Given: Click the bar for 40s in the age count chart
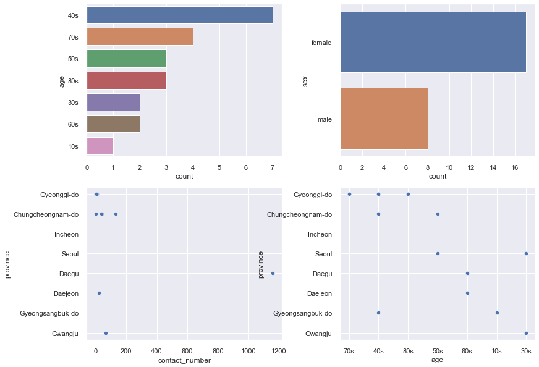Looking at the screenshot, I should (x=179, y=15).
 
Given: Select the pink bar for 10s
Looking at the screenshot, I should (x=100, y=146).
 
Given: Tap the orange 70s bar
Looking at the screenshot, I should (x=140, y=37).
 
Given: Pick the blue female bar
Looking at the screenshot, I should (x=433, y=42).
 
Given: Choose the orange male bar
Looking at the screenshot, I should (x=384, y=119).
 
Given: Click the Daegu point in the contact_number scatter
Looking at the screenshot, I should (x=273, y=273).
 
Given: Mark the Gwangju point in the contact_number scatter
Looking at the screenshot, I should (x=106, y=333).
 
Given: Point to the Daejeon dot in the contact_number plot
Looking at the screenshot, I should (x=99, y=293).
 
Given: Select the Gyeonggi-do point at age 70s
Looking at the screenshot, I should (x=349, y=194).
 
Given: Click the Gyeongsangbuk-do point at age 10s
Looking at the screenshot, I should (x=497, y=313).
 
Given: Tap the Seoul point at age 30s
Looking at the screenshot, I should (x=526, y=253).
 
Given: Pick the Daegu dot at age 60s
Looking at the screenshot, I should (x=467, y=273).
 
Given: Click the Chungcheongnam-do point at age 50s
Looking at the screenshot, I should (x=438, y=214).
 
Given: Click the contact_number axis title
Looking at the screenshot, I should (x=184, y=360).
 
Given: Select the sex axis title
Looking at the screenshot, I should (x=305, y=81).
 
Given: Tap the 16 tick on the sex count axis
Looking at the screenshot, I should (x=514, y=167).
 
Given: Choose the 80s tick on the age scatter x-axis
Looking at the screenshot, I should (x=408, y=351).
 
